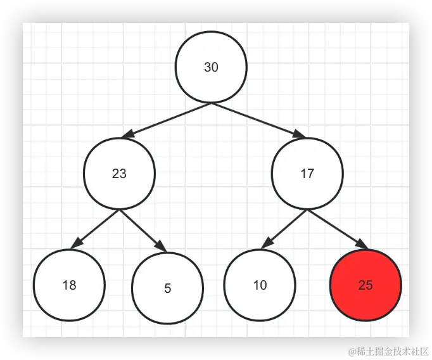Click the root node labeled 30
[x=211, y=67]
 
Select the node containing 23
[x=119, y=174]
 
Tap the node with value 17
[x=307, y=174]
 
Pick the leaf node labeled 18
[x=69, y=285]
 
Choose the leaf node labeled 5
[x=167, y=288]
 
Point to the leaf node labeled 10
[x=260, y=285]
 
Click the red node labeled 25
[x=365, y=285]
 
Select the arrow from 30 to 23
[x=168, y=119]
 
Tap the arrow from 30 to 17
[x=257, y=119]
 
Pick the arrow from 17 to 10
[x=284, y=227]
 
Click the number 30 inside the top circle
[x=211, y=67]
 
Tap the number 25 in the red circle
[x=365, y=285]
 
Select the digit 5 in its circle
[x=167, y=288]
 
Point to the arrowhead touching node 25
[x=361, y=245]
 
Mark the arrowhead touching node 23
[x=129, y=134]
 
